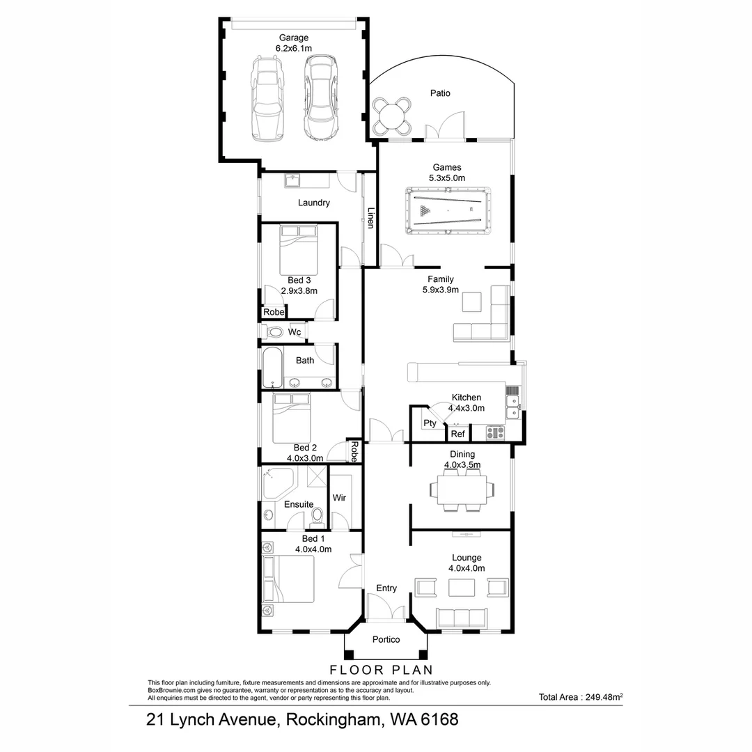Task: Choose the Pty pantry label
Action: coord(430,423)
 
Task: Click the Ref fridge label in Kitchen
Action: coord(457,434)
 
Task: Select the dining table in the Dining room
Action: coord(462,489)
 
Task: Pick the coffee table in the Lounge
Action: coord(462,588)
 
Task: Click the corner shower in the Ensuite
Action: coord(279,483)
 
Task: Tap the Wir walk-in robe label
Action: coord(340,498)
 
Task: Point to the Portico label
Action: coord(386,639)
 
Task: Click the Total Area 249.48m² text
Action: coord(580,696)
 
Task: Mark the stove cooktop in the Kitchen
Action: coord(496,432)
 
